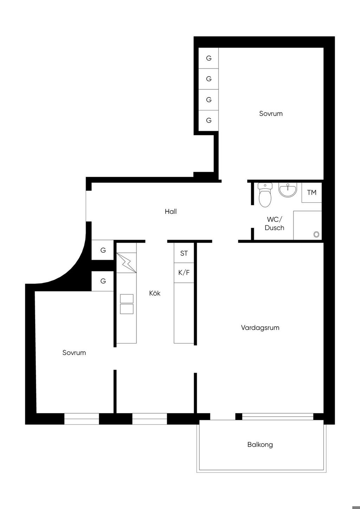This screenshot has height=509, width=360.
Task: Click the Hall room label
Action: pos(171,212)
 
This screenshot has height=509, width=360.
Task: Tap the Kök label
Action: pos(155,293)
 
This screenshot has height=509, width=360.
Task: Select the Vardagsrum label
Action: pos(260,328)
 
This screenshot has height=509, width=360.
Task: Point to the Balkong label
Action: pos(260,444)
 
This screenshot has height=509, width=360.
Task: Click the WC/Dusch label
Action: pos(274,224)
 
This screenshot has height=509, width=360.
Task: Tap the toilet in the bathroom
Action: pos(265,195)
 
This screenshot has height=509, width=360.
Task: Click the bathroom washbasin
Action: pos(288,190)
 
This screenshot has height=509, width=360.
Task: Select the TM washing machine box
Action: pos(311,193)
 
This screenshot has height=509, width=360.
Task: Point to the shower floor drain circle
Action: pos(316,234)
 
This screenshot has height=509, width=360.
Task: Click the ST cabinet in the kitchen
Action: pos(184,253)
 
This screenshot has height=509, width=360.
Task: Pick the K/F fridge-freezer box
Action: pos(184,273)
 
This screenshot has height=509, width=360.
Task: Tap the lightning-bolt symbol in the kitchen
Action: pos(126,263)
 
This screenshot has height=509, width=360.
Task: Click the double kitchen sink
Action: pos(127,304)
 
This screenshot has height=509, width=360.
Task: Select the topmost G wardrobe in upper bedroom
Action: pos(208,58)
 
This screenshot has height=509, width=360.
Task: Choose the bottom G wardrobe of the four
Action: pos(208,121)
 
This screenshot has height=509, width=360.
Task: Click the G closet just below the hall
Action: pos(103,250)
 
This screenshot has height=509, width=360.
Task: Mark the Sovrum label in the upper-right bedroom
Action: pos(271,114)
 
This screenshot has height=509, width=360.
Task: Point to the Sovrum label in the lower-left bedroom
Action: pos(74,353)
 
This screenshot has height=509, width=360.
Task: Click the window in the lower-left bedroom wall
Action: pos(82,419)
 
